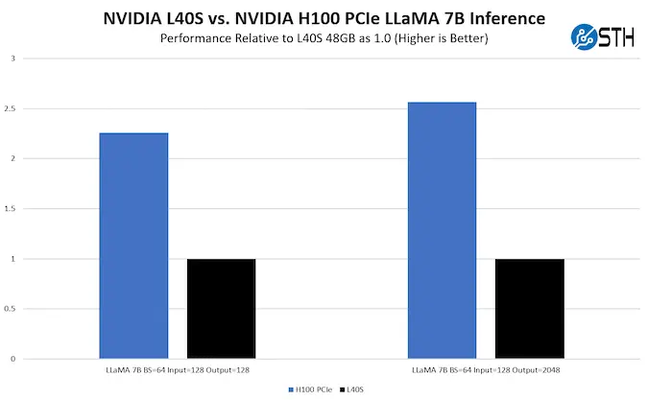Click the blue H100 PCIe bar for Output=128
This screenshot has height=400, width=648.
click(x=133, y=246)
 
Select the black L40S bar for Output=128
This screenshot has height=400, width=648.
click(x=221, y=309)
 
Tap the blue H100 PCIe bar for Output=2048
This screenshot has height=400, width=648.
click(x=442, y=230)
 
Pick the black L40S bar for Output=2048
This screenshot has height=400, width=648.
click(x=529, y=309)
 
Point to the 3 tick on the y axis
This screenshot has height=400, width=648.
click(x=12, y=59)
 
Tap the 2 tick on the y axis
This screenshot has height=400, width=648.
click(x=12, y=158)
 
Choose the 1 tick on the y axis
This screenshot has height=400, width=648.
click(x=12, y=259)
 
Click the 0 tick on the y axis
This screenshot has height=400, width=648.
click(x=12, y=359)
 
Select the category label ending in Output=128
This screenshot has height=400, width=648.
click(x=178, y=369)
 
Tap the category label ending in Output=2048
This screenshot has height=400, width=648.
click(x=486, y=369)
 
